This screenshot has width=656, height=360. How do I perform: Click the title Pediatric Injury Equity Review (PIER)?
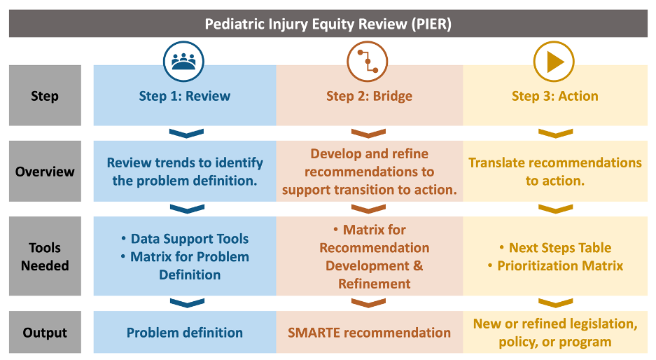click(328, 24)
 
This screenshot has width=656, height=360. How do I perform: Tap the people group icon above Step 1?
click(183, 61)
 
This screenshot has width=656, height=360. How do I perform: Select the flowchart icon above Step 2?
click(368, 61)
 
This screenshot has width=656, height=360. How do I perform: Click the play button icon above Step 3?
click(554, 61)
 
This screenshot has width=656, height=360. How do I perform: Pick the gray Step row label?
click(46, 95)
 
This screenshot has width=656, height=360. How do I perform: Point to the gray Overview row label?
click(46, 171)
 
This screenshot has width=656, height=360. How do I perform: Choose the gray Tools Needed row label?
click(46, 256)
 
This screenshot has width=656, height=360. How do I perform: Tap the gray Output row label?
click(46, 332)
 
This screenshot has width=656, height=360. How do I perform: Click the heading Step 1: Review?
click(185, 96)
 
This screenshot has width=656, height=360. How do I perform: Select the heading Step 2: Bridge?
click(370, 96)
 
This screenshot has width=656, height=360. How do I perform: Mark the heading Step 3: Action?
click(555, 96)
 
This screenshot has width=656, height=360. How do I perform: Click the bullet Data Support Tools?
click(190, 239)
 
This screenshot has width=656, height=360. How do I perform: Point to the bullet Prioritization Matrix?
click(560, 266)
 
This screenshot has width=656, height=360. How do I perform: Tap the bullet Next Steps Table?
click(560, 248)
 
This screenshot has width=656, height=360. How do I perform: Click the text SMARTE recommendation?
click(370, 333)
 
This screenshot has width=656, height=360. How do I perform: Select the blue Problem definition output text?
click(185, 333)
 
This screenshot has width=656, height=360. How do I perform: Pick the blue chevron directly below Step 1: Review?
click(187, 133)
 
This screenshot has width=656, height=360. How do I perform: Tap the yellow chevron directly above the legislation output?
click(556, 303)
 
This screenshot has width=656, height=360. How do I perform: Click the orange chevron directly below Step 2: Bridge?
click(368, 133)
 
